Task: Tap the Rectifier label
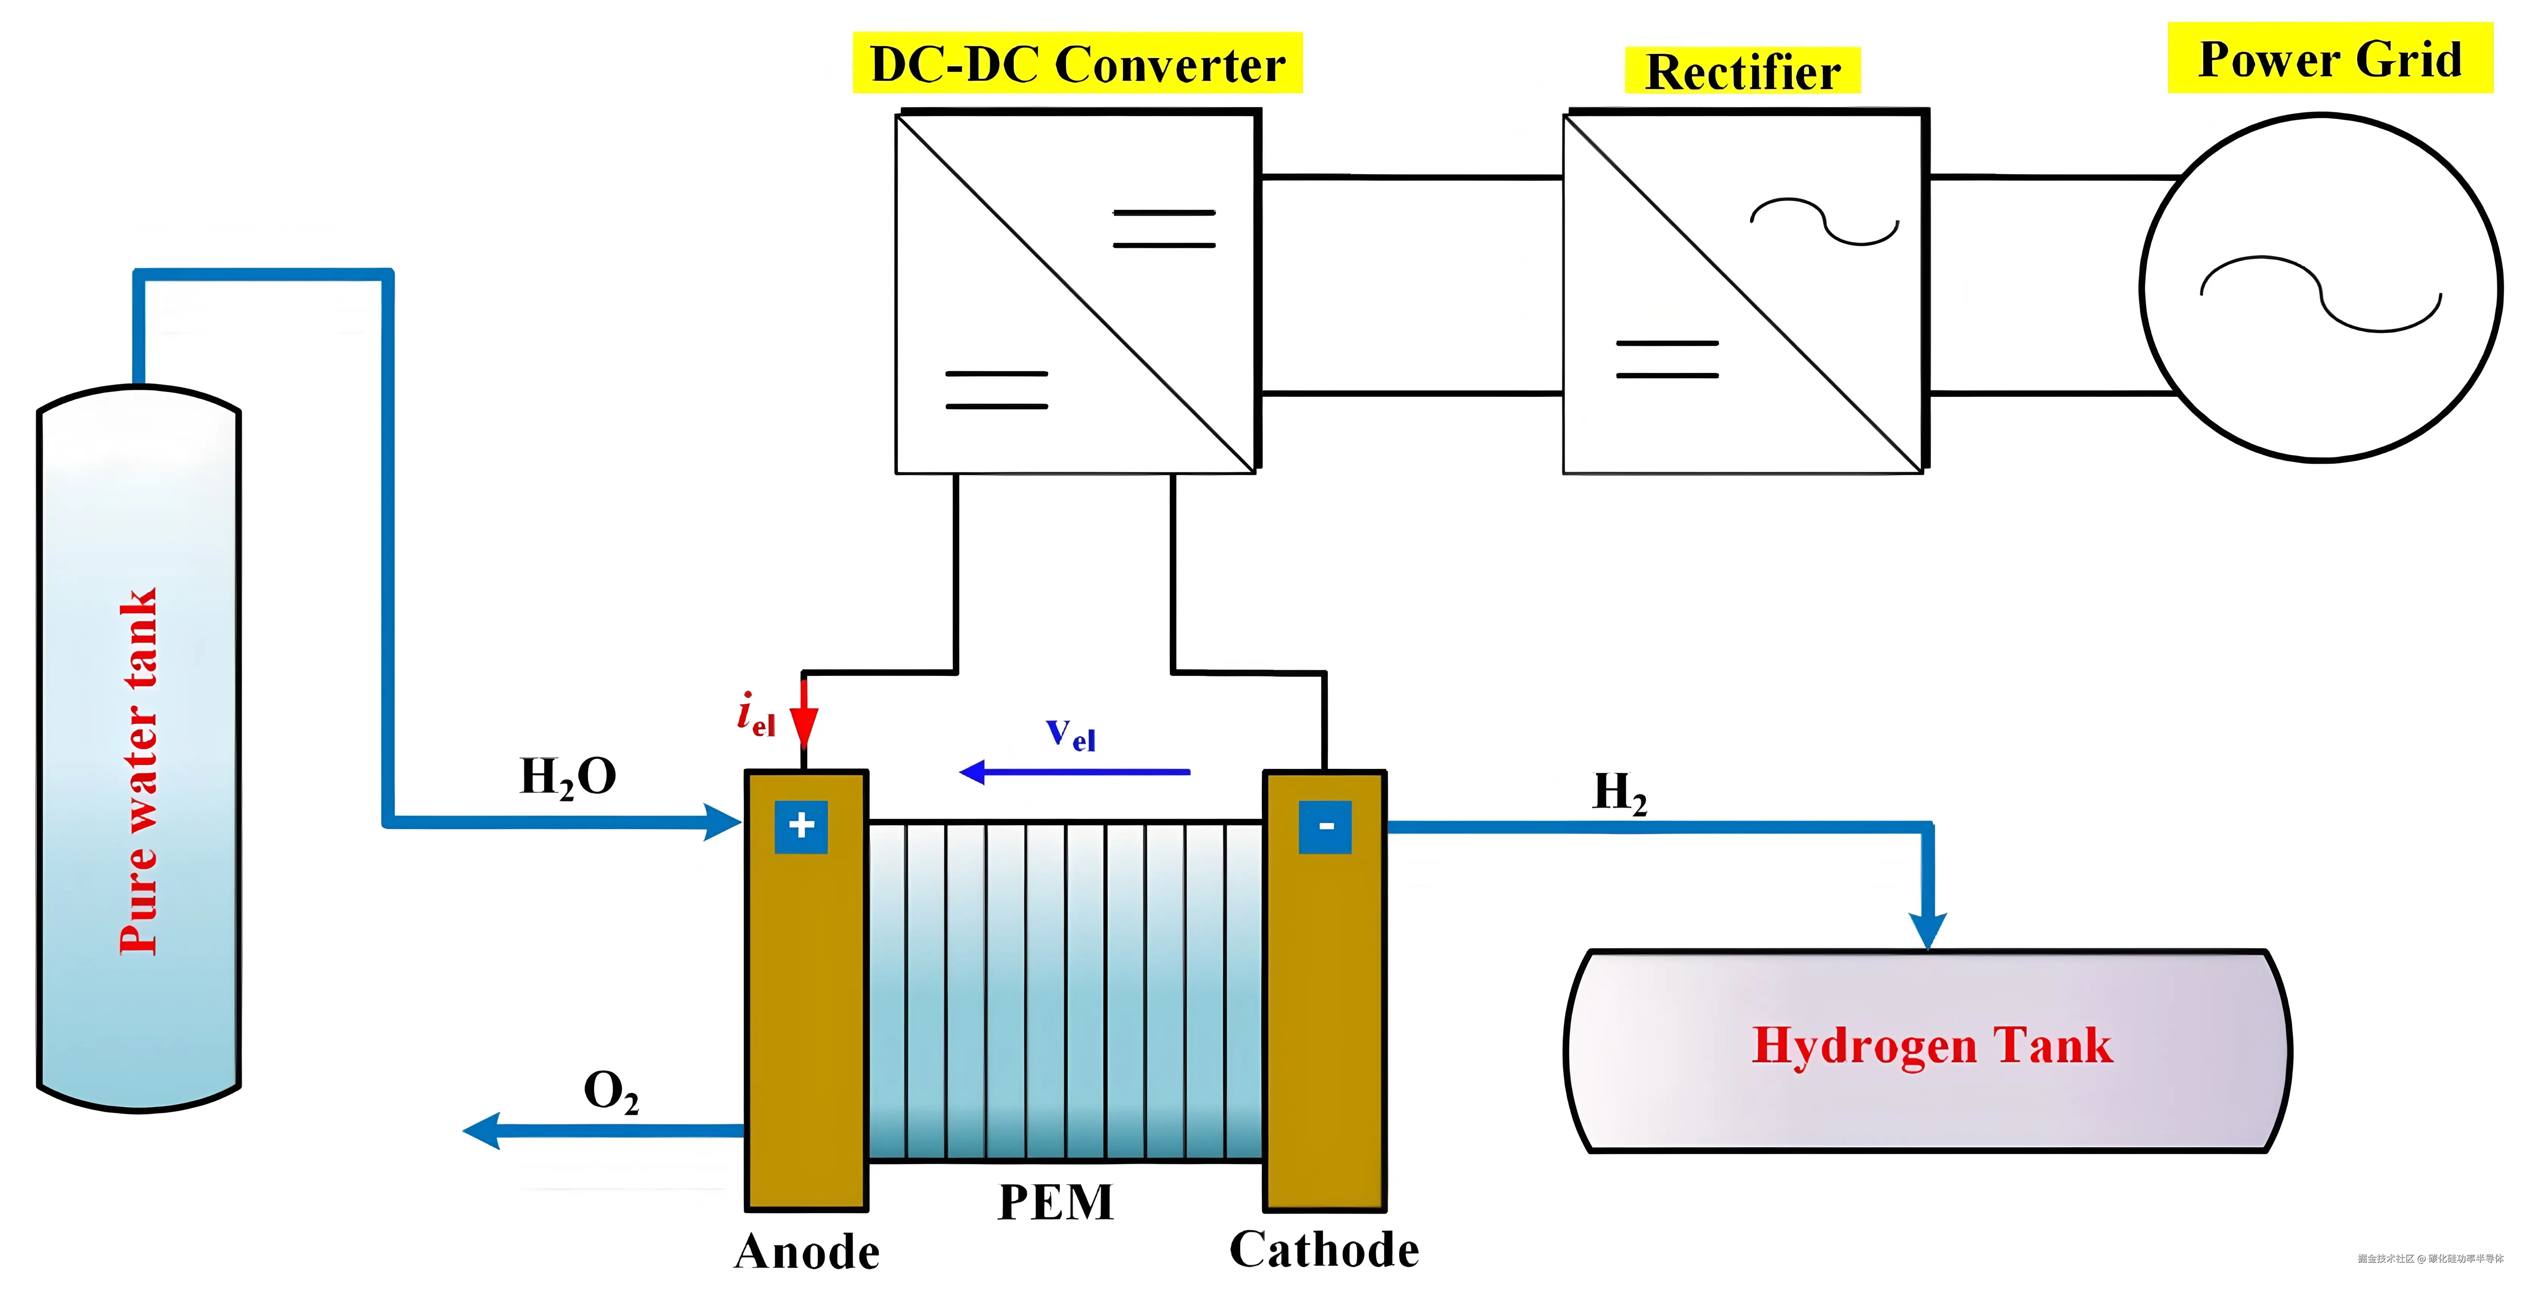pos(1742,72)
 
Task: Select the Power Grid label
pos(2329,59)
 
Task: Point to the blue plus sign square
pos(801,826)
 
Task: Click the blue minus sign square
pos(1325,826)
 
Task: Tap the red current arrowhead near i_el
pos(804,728)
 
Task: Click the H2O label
pos(567,777)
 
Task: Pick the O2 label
pos(610,1091)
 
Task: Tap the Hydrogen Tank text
pos(1932,1045)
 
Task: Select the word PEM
pos(1056,1201)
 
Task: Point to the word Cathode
pos(1324,1250)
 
